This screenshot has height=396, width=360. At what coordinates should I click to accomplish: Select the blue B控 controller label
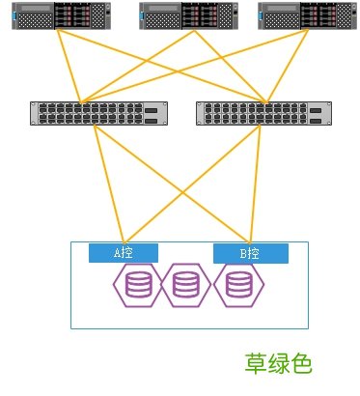250,254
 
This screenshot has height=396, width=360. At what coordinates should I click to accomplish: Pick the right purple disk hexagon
237,286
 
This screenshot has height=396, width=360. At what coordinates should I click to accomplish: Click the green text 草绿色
279,363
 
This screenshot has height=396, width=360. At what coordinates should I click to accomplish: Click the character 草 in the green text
256,363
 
